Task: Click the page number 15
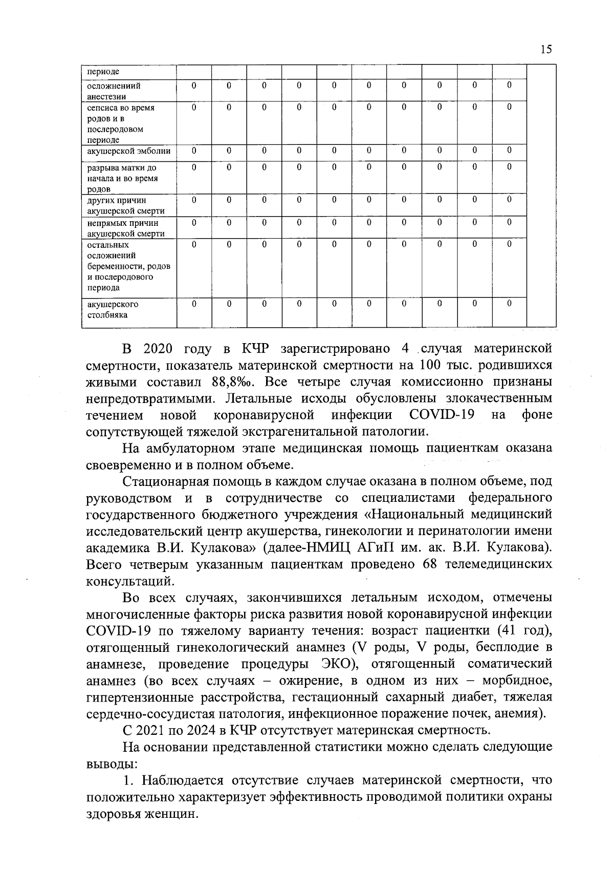click(545, 49)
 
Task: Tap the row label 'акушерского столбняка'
click(113, 310)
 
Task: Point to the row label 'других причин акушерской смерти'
click(126, 205)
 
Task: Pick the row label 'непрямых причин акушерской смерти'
click(126, 228)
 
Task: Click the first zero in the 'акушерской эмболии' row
click(194, 151)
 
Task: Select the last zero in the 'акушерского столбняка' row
click(509, 304)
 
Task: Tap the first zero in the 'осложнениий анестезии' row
click(194, 86)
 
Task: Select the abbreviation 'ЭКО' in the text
click(337, 664)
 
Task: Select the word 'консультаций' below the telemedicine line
click(130, 581)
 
